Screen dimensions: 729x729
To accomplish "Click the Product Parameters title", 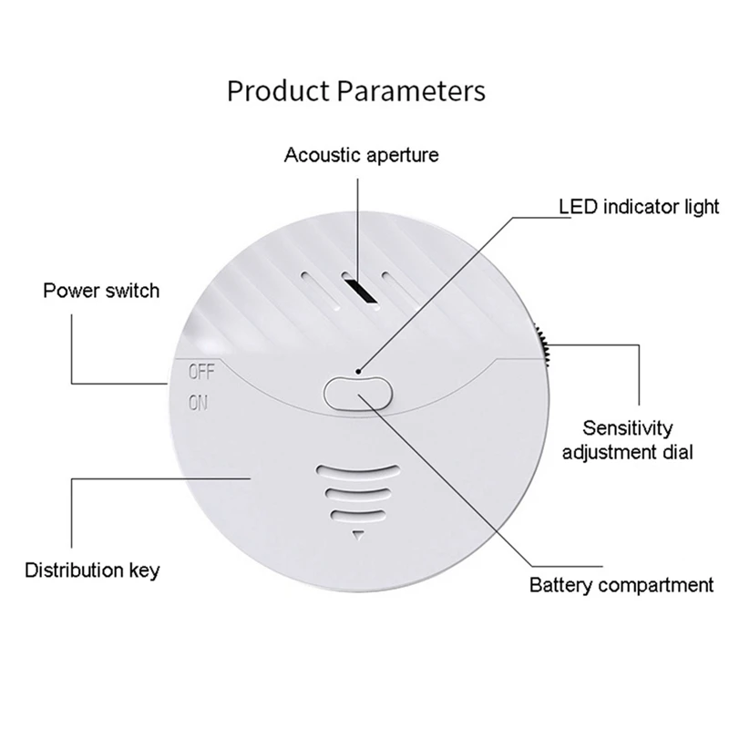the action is (355, 91).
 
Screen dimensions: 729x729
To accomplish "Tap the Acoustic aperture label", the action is (362, 154).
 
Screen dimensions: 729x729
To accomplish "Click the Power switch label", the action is (101, 291).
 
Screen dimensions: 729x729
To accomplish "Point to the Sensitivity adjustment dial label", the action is (628, 439).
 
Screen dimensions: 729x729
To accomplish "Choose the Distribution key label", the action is (92, 571).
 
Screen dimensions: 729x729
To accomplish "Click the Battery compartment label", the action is (621, 584).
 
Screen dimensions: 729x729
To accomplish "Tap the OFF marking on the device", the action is (200, 371).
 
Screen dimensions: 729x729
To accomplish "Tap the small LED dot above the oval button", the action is (359, 373).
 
